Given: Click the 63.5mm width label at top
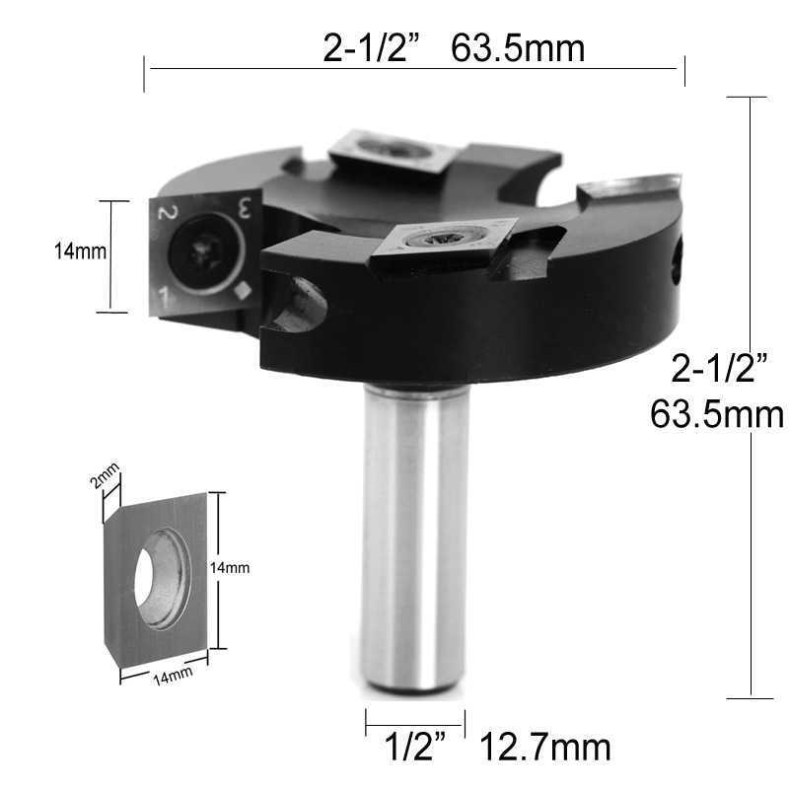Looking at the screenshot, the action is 517,48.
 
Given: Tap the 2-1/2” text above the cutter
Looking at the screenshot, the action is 372,48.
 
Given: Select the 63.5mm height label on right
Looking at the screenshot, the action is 717,414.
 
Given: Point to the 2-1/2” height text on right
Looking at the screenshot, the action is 720,368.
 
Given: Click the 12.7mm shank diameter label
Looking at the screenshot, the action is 546,748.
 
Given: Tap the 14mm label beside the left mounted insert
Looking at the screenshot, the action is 81,251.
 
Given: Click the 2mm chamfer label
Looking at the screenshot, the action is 106,476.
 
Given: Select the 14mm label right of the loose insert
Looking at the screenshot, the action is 230,568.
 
